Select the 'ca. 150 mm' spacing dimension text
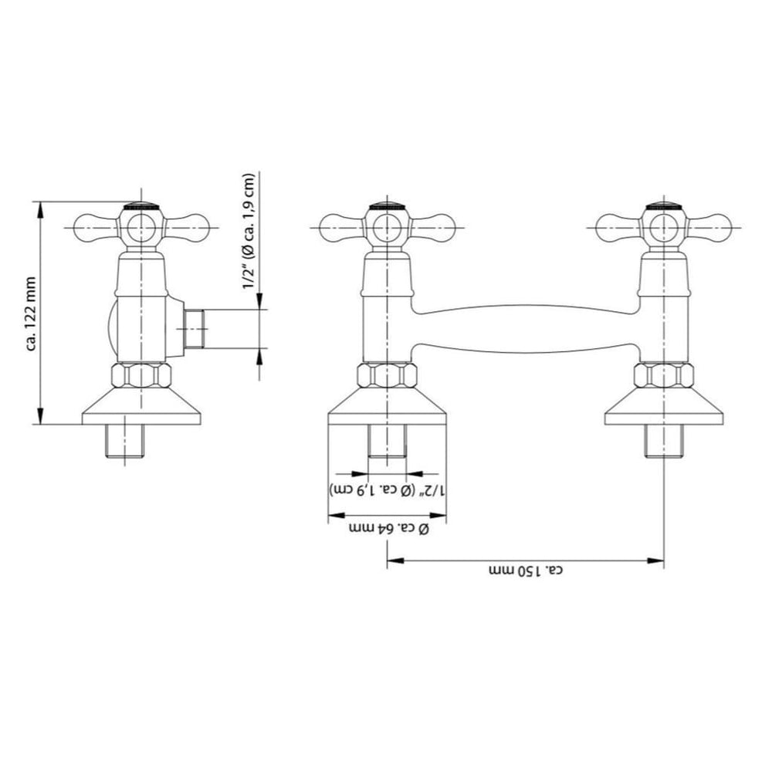[526, 571]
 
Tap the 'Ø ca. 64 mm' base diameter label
[388, 529]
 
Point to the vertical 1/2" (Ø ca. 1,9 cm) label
[249, 232]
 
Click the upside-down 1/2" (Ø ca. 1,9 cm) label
[388, 489]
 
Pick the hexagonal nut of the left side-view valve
[141, 376]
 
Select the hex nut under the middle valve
[387, 376]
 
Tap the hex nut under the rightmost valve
[664, 376]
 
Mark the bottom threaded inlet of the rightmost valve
[664, 441]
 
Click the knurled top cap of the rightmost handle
[664, 206]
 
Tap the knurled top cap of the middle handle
[388, 206]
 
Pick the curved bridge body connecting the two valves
[525, 329]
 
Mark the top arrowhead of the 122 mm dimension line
[41, 209]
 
